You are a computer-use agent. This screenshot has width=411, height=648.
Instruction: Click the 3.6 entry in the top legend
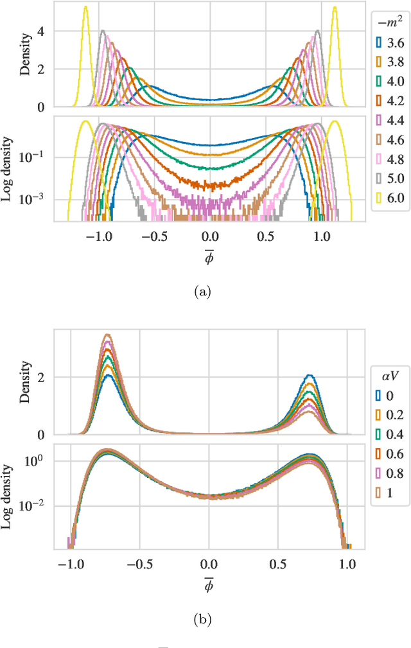(x=389, y=43)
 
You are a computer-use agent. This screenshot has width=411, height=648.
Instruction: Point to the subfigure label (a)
(x=204, y=292)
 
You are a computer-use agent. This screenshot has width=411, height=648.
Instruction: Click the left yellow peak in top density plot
(x=85, y=8)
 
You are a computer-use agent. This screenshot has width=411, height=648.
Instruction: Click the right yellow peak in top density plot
(x=334, y=8)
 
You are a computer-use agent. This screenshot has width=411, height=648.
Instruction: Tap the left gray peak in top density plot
(x=102, y=30)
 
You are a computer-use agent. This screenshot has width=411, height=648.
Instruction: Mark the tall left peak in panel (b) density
(x=108, y=335)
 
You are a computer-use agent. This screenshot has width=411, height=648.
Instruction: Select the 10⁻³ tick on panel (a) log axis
(x=36, y=199)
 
